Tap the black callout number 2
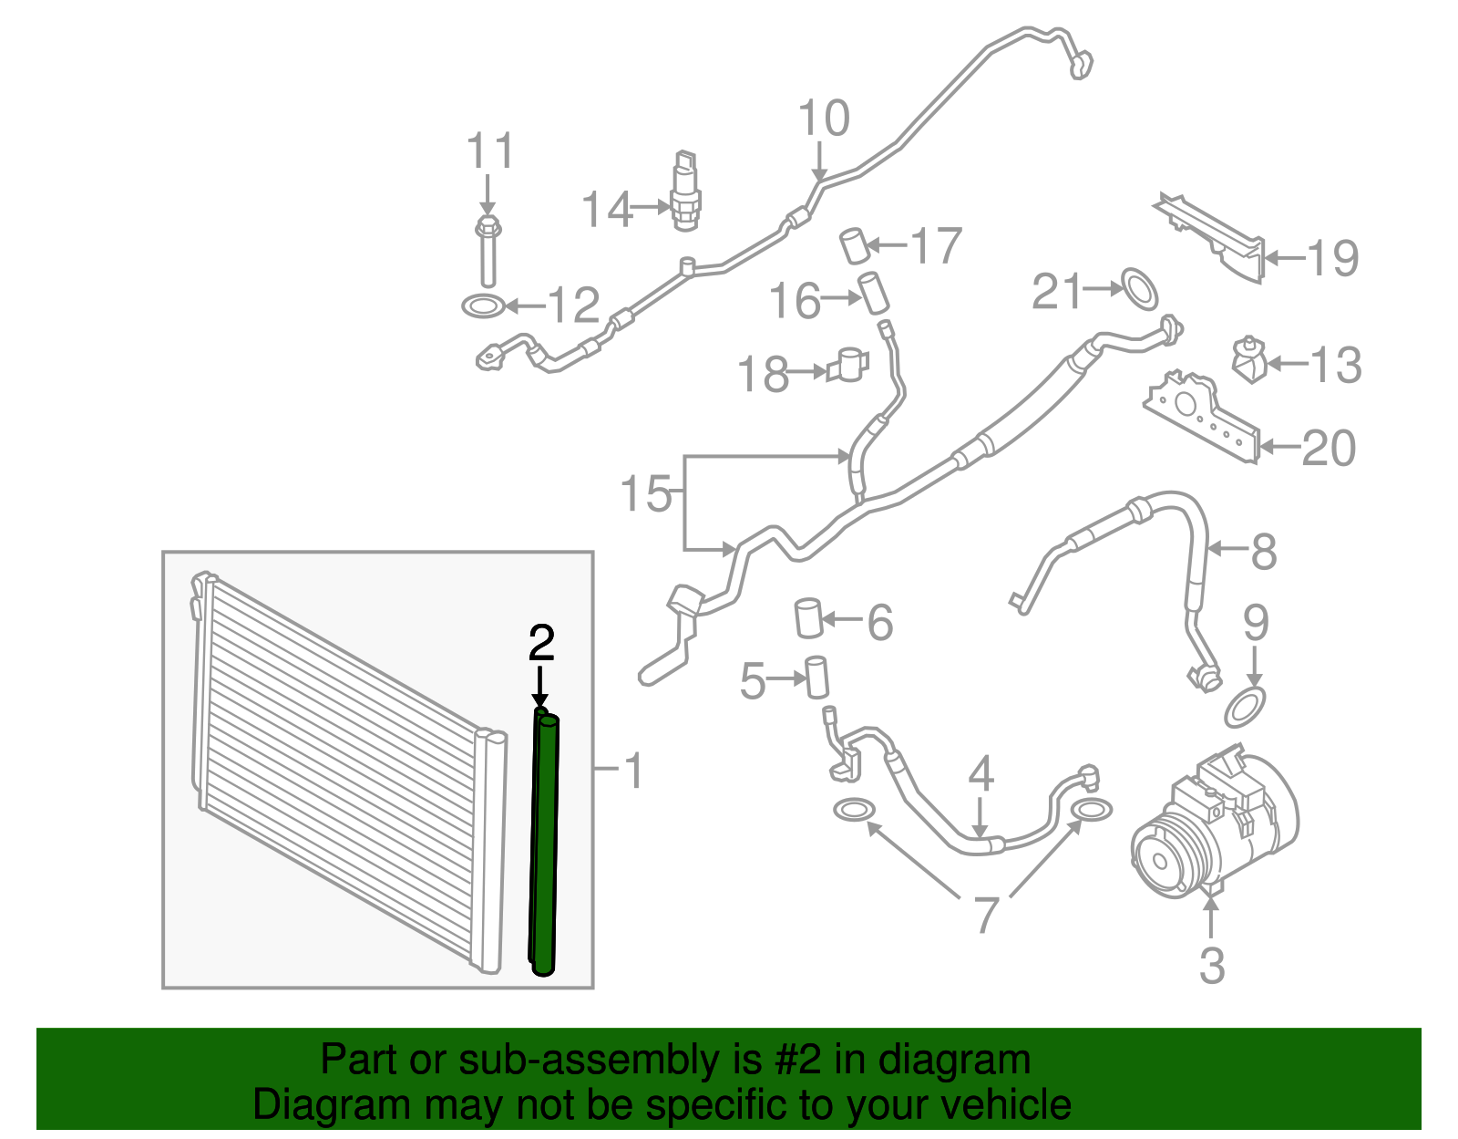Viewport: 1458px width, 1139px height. point(541,643)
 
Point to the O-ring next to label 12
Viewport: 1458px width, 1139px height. point(483,305)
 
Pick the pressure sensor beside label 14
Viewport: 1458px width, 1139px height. point(684,192)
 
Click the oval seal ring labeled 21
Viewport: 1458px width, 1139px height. point(1138,289)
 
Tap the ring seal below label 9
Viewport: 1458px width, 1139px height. point(1245,708)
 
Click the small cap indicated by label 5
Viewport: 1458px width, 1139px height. point(816,678)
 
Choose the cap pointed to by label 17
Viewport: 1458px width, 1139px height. point(854,245)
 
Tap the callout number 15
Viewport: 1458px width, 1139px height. point(645,494)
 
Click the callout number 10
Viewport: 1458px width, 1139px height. point(824,119)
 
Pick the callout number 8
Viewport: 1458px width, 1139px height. point(1263,551)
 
